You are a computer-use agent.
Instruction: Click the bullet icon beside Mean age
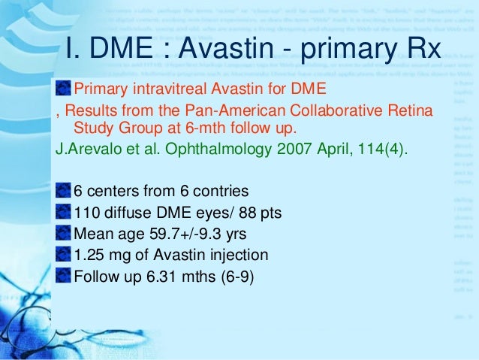pyautogui.click(x=64, y=234)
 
